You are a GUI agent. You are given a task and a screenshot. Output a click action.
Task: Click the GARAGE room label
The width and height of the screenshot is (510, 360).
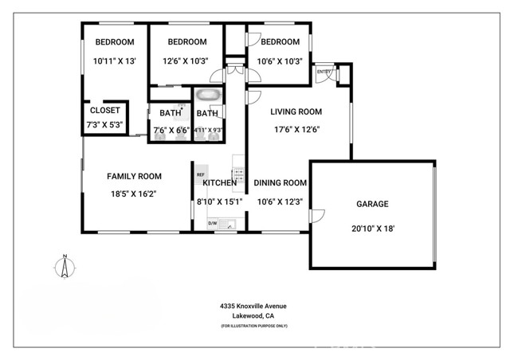(372, 204)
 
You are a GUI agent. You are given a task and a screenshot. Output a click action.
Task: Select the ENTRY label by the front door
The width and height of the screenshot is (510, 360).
(324, 72)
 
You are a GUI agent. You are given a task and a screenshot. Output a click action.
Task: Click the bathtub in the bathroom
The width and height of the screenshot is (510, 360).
(208, 95)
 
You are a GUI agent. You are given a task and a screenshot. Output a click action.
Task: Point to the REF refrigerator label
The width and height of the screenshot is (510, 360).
(201, 174)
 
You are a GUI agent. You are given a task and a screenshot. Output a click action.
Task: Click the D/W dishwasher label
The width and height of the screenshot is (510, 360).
(213, 223)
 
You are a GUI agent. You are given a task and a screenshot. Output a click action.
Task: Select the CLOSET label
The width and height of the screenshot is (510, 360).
(105, 111)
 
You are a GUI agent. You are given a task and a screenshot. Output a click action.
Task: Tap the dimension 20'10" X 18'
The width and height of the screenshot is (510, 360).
(372, 229)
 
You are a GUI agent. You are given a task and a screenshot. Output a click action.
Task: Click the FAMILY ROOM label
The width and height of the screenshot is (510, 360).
(135, 177)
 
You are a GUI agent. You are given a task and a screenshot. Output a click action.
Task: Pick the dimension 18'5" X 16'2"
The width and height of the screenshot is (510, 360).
(135, 193)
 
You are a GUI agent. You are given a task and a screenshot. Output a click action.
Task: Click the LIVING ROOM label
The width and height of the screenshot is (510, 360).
(296, 112)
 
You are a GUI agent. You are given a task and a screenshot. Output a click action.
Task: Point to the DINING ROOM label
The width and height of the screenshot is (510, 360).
(280, 183)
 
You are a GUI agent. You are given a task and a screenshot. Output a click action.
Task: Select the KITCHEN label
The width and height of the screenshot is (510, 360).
(219, 183)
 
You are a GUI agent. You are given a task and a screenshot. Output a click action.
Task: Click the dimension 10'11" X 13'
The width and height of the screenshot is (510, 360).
(115, 61)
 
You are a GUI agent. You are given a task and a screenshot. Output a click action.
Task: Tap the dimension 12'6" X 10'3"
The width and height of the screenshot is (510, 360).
(187, 61)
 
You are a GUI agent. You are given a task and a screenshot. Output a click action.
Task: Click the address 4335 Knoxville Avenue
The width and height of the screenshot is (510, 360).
(253, 306)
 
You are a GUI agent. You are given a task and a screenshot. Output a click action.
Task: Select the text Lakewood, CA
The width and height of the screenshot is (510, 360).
(253, 316)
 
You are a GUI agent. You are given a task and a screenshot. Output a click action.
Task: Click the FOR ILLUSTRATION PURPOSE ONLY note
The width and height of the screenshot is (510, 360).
(253, 327)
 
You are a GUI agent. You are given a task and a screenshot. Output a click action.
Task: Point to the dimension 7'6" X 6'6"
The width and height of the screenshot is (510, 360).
(170, 129)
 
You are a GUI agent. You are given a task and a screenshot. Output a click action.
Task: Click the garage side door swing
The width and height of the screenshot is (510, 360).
(316, 216)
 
